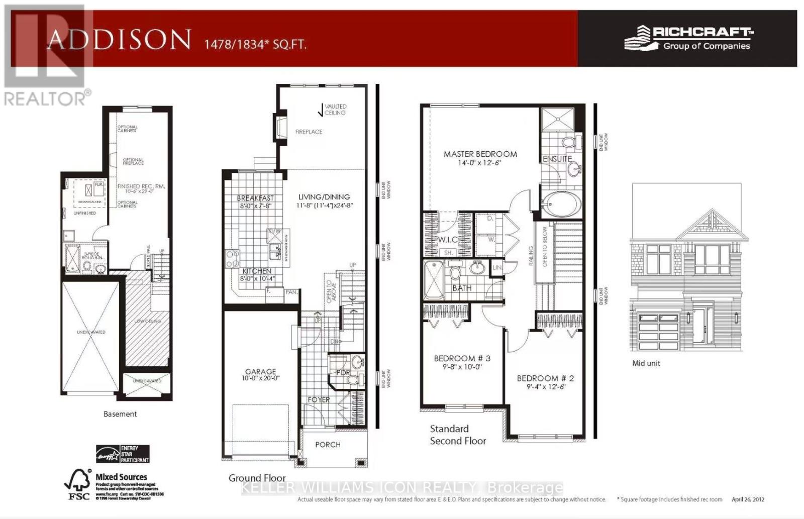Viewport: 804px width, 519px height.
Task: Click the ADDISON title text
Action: [x=119, y=40]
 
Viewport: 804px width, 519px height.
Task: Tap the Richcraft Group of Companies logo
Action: [x=688, y=38]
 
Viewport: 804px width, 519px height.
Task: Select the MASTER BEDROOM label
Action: [x=480, y=154]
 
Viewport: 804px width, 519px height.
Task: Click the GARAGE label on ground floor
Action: [x=260, y=372]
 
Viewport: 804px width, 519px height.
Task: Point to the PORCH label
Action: [x=328, y=445]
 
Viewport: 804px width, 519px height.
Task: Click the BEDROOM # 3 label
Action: [x=462, y=358]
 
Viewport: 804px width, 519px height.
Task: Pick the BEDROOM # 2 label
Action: [x=545, y=378]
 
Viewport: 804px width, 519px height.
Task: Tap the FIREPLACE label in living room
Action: [x=309, y=132]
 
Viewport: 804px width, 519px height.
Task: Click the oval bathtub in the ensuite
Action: [x=561, y=204]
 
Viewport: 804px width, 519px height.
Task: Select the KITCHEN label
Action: [x=257, y=271]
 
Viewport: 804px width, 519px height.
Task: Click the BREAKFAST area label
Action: [x=255, y=198]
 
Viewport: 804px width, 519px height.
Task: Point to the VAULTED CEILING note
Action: [x=335, y=110]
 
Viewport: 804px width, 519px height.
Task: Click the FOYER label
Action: [x=319, y=399]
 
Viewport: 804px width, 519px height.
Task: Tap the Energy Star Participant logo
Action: [x=123, y=454]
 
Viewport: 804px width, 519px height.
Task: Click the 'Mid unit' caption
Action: [x=646, y=363]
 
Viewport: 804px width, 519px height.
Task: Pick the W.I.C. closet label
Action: [x=447, y=240]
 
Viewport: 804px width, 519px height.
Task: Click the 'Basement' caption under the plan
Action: [x=120, y=414]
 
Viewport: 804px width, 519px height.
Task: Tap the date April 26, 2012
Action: [x=748, y=499]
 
